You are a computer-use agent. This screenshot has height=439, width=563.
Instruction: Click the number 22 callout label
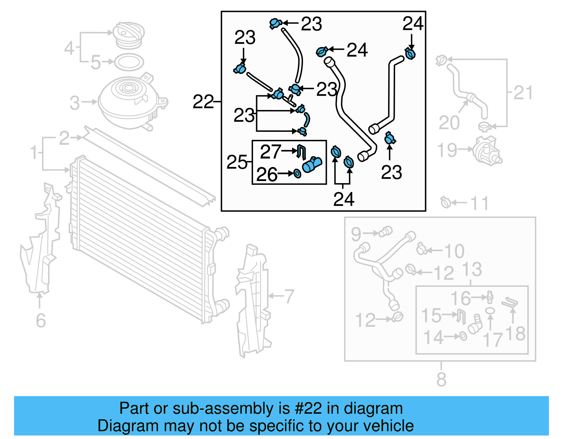point(203,102)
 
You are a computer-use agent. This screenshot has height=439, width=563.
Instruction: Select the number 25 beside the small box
point(237,162)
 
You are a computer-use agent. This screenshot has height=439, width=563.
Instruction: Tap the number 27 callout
point(270,152)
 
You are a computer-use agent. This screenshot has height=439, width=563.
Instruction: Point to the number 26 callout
point(267,174)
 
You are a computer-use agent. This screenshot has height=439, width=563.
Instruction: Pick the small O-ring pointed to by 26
point(297,174)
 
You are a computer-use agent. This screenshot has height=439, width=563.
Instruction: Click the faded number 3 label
point(75,103)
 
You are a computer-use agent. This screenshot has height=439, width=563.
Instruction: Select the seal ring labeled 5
point(129,62)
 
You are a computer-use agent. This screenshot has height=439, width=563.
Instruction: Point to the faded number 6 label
point(41,320)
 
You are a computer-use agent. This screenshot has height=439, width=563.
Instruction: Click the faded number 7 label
point(289,296)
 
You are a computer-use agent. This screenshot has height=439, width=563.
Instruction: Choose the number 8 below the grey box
point(441,379)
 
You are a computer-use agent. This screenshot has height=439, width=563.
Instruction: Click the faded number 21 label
point(523,93)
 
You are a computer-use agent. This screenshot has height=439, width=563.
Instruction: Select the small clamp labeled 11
point(446,202)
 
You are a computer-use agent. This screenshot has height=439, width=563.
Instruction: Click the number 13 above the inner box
point(472,269)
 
